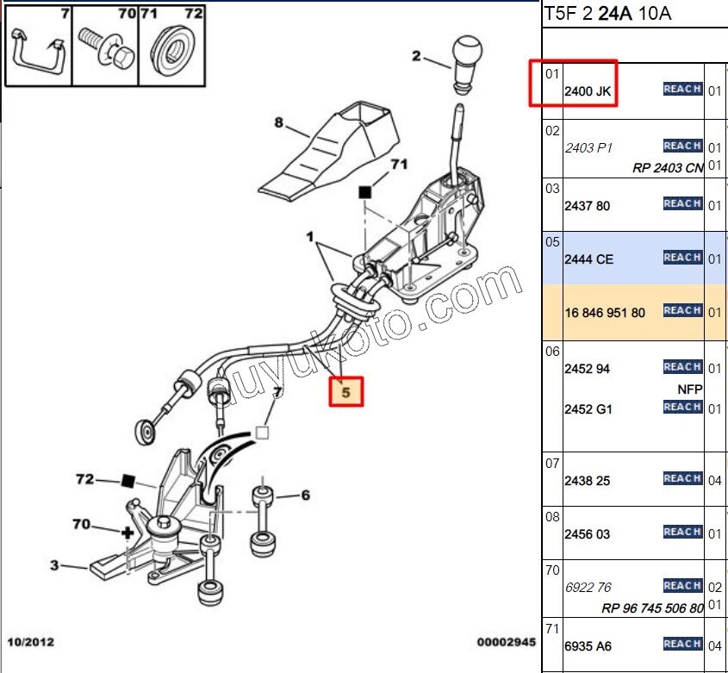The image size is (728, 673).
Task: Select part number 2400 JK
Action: coord(588,90)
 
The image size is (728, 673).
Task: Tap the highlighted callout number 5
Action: coord(348,391)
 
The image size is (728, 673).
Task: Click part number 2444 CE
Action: coord(588,259)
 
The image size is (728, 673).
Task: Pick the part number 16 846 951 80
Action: coord(604,313)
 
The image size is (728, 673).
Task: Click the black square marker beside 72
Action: coord(128,480)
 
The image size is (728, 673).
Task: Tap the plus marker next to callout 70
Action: coord(128,533)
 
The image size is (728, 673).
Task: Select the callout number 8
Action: coord(279,123)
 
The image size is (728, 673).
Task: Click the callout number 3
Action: coord(54,565)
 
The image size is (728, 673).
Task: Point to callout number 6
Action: coord(304,495)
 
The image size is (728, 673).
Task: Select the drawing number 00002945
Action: coord(507,642)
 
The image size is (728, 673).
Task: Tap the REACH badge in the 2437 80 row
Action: coord(682,204)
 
